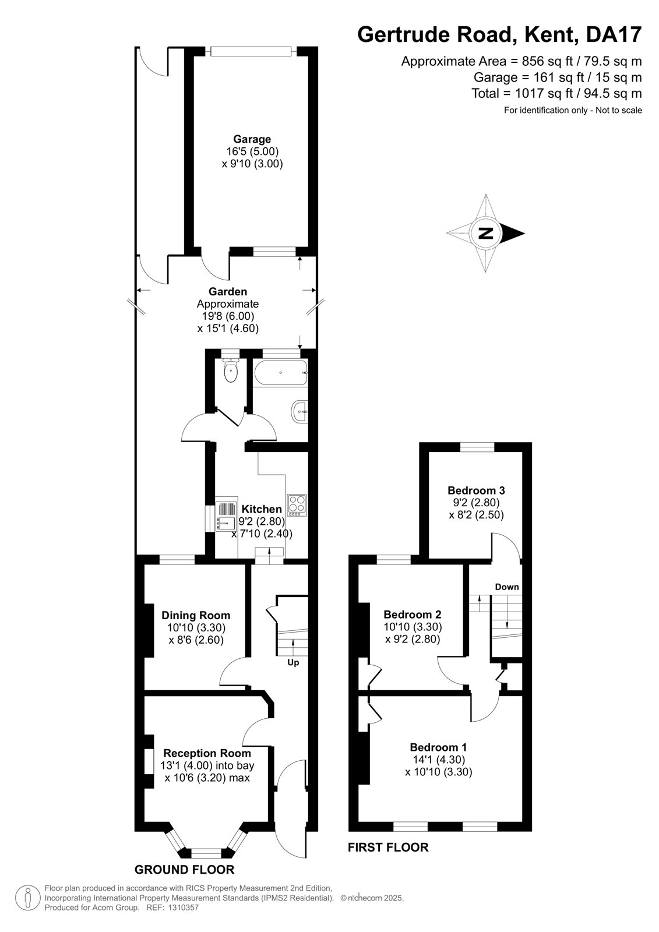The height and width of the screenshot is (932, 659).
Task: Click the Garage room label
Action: coord(252,139)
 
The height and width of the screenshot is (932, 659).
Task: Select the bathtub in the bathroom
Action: coord(280,372)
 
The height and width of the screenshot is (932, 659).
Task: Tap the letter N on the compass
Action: coord(485,233)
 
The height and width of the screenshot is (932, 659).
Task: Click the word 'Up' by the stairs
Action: coord(293,662)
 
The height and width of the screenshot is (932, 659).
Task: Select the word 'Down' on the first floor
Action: coord(507,587)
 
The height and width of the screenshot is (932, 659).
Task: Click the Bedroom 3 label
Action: coord(476,490)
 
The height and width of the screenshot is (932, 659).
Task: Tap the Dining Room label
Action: coord(196,615)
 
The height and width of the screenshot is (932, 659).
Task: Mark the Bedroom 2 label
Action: coord(413,614)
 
